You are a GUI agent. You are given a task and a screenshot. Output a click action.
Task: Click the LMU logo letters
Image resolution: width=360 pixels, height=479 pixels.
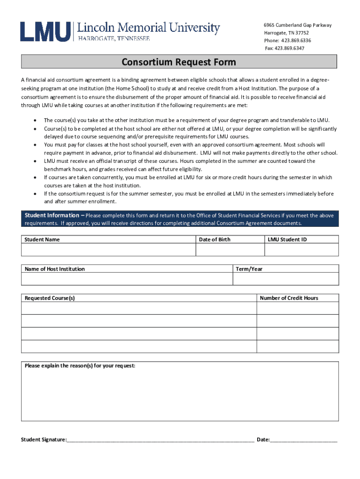pos(45,31)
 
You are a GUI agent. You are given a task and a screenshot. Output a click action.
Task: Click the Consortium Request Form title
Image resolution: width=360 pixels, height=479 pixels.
pos(179,62)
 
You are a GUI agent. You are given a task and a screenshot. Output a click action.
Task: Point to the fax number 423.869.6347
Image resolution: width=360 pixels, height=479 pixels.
pos(291,48)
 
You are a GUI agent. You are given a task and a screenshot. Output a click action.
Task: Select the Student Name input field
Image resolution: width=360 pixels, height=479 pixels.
pos(108,250)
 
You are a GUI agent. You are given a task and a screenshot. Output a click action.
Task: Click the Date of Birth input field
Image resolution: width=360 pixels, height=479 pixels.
pos(230,250)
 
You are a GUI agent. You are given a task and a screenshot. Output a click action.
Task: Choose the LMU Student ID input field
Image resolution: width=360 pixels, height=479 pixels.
pos(302,250)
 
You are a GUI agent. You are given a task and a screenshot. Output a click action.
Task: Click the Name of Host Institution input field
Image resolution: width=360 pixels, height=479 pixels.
pos(127,279)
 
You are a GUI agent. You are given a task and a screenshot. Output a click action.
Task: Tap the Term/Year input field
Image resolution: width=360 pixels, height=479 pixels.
pos(286,279)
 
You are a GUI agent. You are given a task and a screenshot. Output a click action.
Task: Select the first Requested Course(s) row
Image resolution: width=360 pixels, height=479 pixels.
pos(139,308)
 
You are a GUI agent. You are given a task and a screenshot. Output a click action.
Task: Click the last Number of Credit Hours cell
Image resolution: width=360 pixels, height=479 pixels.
pos(298,346)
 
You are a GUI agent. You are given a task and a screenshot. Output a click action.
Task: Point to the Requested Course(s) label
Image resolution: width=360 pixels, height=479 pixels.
pos(50,298)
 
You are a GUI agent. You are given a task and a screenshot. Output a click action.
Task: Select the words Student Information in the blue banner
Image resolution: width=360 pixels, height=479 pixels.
pos(52,216)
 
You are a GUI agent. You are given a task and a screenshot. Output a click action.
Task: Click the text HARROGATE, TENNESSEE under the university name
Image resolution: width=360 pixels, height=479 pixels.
pos(114,38)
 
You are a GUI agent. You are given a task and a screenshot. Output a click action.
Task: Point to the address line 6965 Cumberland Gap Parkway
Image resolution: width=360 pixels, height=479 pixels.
pos(297,25)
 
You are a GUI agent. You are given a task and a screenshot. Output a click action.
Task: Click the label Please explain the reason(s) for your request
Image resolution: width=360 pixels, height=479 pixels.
pos(80,366)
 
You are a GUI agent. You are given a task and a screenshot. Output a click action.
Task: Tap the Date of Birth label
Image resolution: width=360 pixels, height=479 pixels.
pos(215,239)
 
